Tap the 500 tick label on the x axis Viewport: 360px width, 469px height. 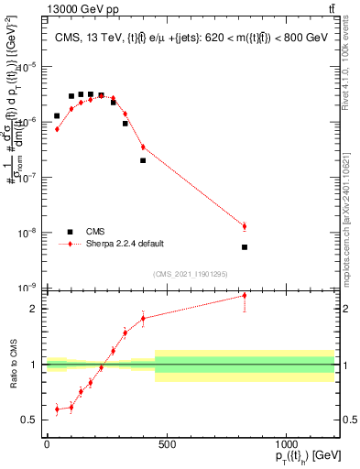click(166, 444)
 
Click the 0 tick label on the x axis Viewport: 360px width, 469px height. click(47, 444)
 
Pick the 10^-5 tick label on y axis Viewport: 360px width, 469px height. click(27, 67)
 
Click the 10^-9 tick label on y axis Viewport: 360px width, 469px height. click(27, 288)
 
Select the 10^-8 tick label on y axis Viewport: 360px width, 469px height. click(27, 233)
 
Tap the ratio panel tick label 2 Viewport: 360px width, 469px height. click(34, 309)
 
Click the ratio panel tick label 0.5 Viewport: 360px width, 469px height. click(30, 420)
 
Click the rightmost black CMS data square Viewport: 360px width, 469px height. click(245, 247)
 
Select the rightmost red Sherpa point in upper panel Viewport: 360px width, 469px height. click(245, 226)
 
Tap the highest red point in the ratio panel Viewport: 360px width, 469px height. click(245, 296)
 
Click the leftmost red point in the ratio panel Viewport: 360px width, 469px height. click(57, 409)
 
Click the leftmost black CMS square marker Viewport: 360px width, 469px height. click(57, 116)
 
